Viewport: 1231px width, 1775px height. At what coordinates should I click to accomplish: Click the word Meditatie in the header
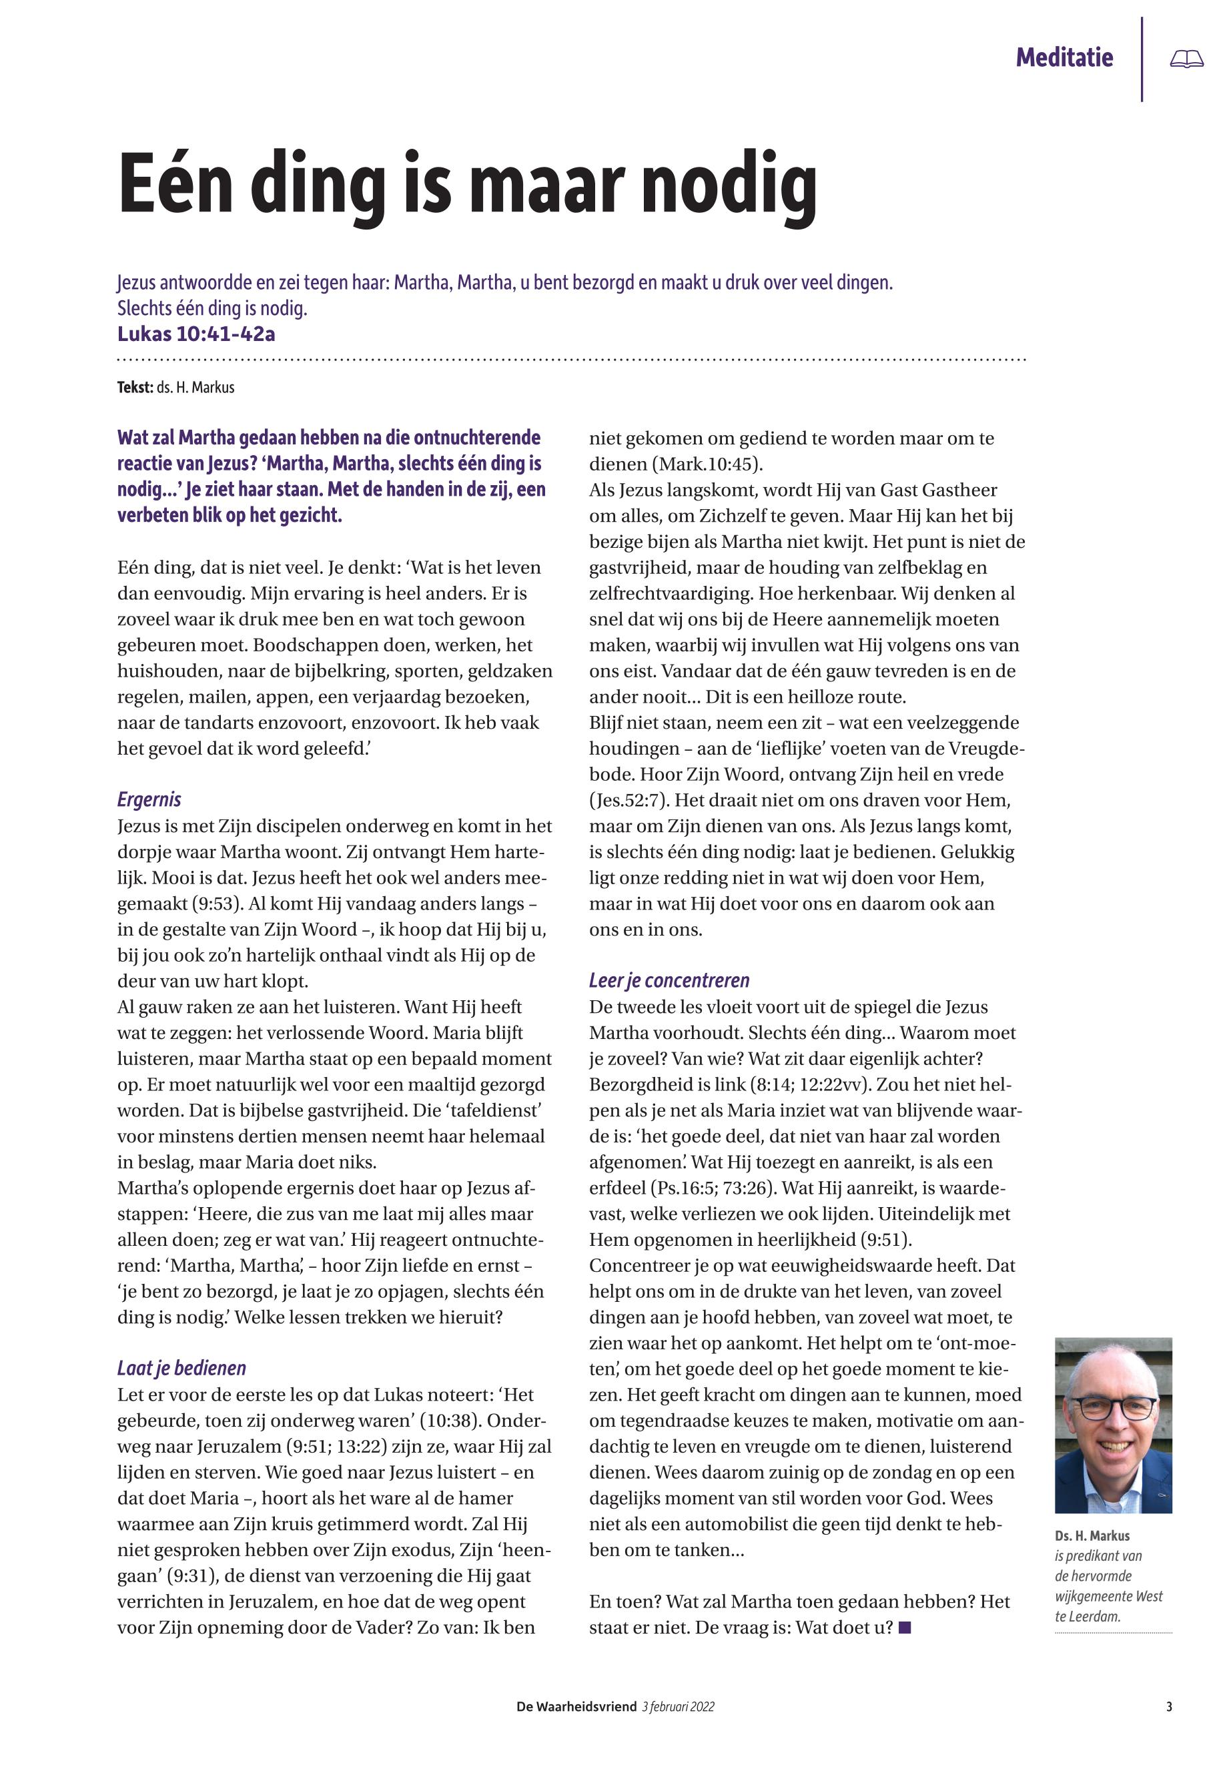coord(1064,57)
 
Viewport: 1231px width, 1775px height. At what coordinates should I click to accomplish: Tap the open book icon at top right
coord(1186,59)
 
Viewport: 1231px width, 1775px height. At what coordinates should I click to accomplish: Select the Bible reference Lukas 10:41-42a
coord(196,334)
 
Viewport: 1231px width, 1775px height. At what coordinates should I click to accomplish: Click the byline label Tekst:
coord(135,387)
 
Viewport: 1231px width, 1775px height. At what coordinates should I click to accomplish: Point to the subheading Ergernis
coord(149,799)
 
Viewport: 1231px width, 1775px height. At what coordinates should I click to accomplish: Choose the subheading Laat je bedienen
coord(181,1368)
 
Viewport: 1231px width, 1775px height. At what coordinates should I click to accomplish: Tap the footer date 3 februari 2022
coord(677,1707)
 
